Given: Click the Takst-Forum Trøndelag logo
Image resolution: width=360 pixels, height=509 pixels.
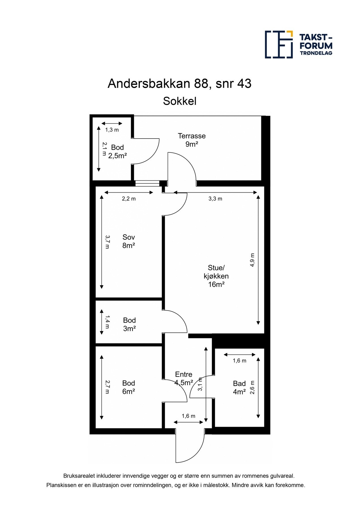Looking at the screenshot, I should click(x=298, y=44).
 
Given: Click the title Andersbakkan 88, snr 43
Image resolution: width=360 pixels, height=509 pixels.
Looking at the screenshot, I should click(x=179, y=84).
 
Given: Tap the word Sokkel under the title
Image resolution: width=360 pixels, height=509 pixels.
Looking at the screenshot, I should click(x=179, y=101).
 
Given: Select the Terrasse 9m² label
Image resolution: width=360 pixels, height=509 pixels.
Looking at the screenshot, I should click(x=192, y=140).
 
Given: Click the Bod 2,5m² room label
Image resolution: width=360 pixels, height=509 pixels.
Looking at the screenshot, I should click(x=117, y=152).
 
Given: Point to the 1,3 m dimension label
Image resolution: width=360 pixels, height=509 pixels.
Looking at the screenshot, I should click(x=112, y=130).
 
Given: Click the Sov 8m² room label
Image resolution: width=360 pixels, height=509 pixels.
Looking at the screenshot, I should click(x=128, y=241).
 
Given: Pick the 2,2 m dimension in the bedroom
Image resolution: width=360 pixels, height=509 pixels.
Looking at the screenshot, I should click(x=129, y=199).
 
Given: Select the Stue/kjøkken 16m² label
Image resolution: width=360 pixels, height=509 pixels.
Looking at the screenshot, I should click(x=216, y=276).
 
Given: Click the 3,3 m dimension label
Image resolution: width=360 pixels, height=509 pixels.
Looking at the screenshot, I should click(x=215, y=199).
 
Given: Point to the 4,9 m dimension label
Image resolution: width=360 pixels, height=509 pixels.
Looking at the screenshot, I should click(x=252, y=260).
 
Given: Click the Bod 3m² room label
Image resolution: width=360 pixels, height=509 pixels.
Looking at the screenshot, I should click(x=129, y=324).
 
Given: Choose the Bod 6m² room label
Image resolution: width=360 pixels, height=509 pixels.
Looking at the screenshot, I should click(x=128, y=387).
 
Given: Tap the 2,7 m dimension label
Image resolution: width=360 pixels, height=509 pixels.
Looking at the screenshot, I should click(x=107, y=387).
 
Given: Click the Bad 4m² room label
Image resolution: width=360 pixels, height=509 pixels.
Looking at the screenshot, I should click(x=239, y=388).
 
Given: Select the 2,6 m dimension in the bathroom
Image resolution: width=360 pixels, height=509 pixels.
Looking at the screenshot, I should click(x=252, y=387).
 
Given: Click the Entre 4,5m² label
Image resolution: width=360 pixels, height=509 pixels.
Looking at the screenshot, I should click(x=184, y=379).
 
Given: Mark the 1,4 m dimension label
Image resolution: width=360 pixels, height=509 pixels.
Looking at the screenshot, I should click(x=107, y=322).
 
